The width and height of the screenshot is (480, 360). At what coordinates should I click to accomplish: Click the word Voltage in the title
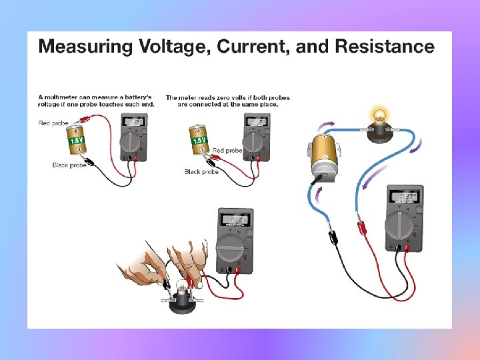[167, 47]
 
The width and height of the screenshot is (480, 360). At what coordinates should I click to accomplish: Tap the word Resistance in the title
[384, 47]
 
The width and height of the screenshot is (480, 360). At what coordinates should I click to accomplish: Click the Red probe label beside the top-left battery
[53, 123]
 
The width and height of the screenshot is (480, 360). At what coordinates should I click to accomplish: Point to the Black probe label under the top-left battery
[69, 165]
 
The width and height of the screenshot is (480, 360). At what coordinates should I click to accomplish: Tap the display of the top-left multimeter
[133, 122]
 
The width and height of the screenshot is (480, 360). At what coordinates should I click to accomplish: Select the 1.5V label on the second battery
[199, 141]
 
